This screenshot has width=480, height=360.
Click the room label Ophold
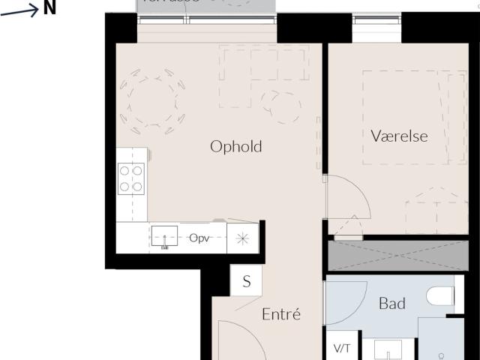click(x=236, y=146)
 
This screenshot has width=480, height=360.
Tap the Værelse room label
click(x=400, y=136)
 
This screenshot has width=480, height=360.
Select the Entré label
click(x=281, y=315)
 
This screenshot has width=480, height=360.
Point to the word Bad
click(x=392, y=304)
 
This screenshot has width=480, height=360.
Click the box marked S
click(x=246, y=282)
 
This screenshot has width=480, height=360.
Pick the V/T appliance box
click(x=342, y=349)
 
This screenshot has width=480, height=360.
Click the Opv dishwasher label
click(x=199, y=238)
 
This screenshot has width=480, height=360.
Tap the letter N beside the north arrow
click(x=49, y=8)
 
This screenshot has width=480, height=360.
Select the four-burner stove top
click(x=131, y=178)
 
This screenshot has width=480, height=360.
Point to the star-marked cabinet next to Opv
click(x=241, y=238)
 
